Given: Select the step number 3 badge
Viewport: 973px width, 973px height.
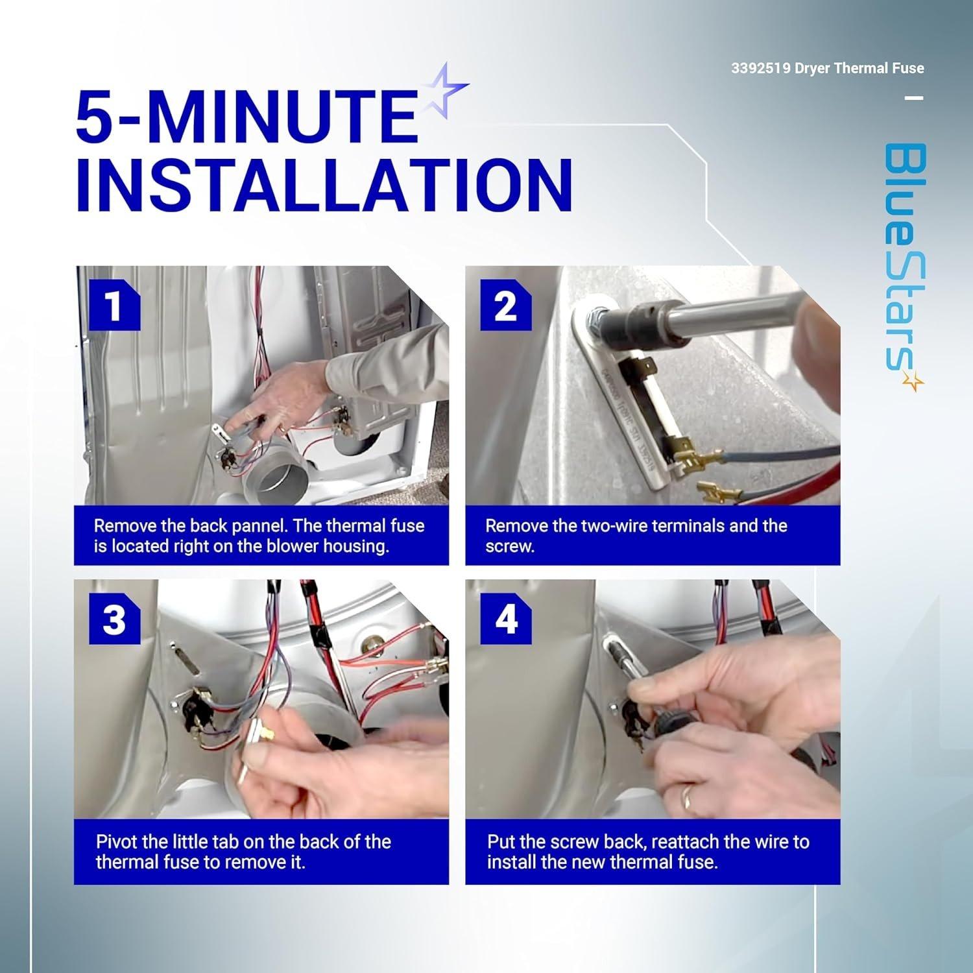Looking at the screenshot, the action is coord(114,620).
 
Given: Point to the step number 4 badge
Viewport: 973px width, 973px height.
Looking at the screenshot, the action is coord(506,620).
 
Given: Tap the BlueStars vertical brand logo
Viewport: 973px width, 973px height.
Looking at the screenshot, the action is coord(904,266).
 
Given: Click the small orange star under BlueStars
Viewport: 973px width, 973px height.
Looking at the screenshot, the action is coord(915,383).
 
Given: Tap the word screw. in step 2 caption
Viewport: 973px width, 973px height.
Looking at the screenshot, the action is coord(510,547).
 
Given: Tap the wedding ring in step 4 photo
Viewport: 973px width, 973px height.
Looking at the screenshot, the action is coord(686,797).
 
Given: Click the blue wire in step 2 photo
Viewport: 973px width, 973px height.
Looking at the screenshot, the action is coord(772,450).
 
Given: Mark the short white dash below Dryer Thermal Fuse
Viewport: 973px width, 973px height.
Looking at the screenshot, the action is coord(913,98).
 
